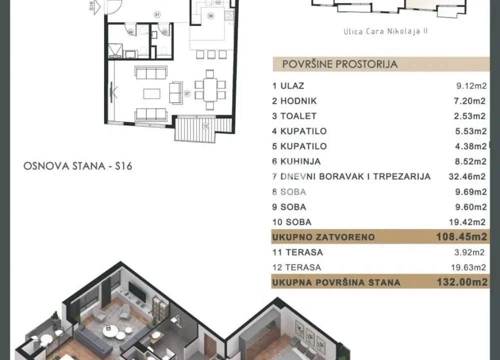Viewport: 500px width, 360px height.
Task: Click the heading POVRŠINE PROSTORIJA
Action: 340,64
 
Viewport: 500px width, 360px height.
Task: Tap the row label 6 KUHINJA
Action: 296,161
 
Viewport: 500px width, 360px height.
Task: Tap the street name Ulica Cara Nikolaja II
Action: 385,31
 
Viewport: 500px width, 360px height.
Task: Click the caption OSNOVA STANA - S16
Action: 77,166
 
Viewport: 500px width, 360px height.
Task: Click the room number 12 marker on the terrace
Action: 205,126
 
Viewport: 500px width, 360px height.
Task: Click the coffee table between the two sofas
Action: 151,93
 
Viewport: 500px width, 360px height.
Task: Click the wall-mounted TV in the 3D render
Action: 136,291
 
